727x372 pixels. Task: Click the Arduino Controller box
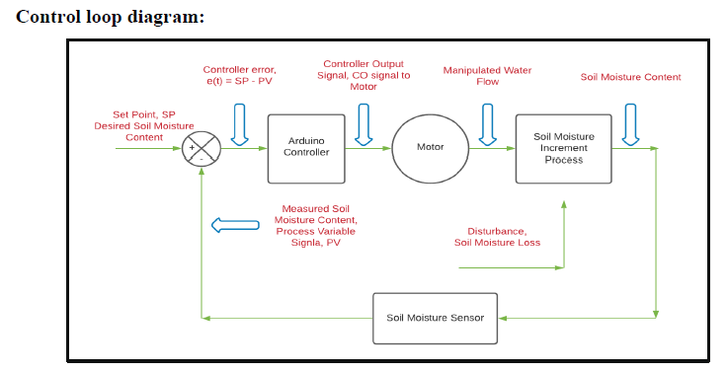pos(306,148)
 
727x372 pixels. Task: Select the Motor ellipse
pos(430,148)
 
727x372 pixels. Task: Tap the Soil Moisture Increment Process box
pos(563,148)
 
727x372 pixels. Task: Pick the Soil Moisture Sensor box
pos(435,318)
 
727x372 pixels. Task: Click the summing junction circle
pos(202,150)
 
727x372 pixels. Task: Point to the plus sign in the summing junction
pos(192,148)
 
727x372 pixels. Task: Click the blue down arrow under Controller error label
pos(240,122)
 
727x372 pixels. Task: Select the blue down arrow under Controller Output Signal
pos(363,122)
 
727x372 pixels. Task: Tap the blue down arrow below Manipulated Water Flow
pos(488,122)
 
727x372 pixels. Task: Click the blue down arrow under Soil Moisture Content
pos(629,122)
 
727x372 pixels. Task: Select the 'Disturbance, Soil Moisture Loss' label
pos(497,236)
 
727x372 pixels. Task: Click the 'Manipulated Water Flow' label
pos(487,76)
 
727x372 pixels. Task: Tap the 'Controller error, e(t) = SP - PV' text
pos(239,75)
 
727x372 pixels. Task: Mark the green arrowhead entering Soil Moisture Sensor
pos(503,318)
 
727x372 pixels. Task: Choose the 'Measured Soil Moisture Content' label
pos(315,225)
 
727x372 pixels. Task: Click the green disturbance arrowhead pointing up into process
pos(563,206)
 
